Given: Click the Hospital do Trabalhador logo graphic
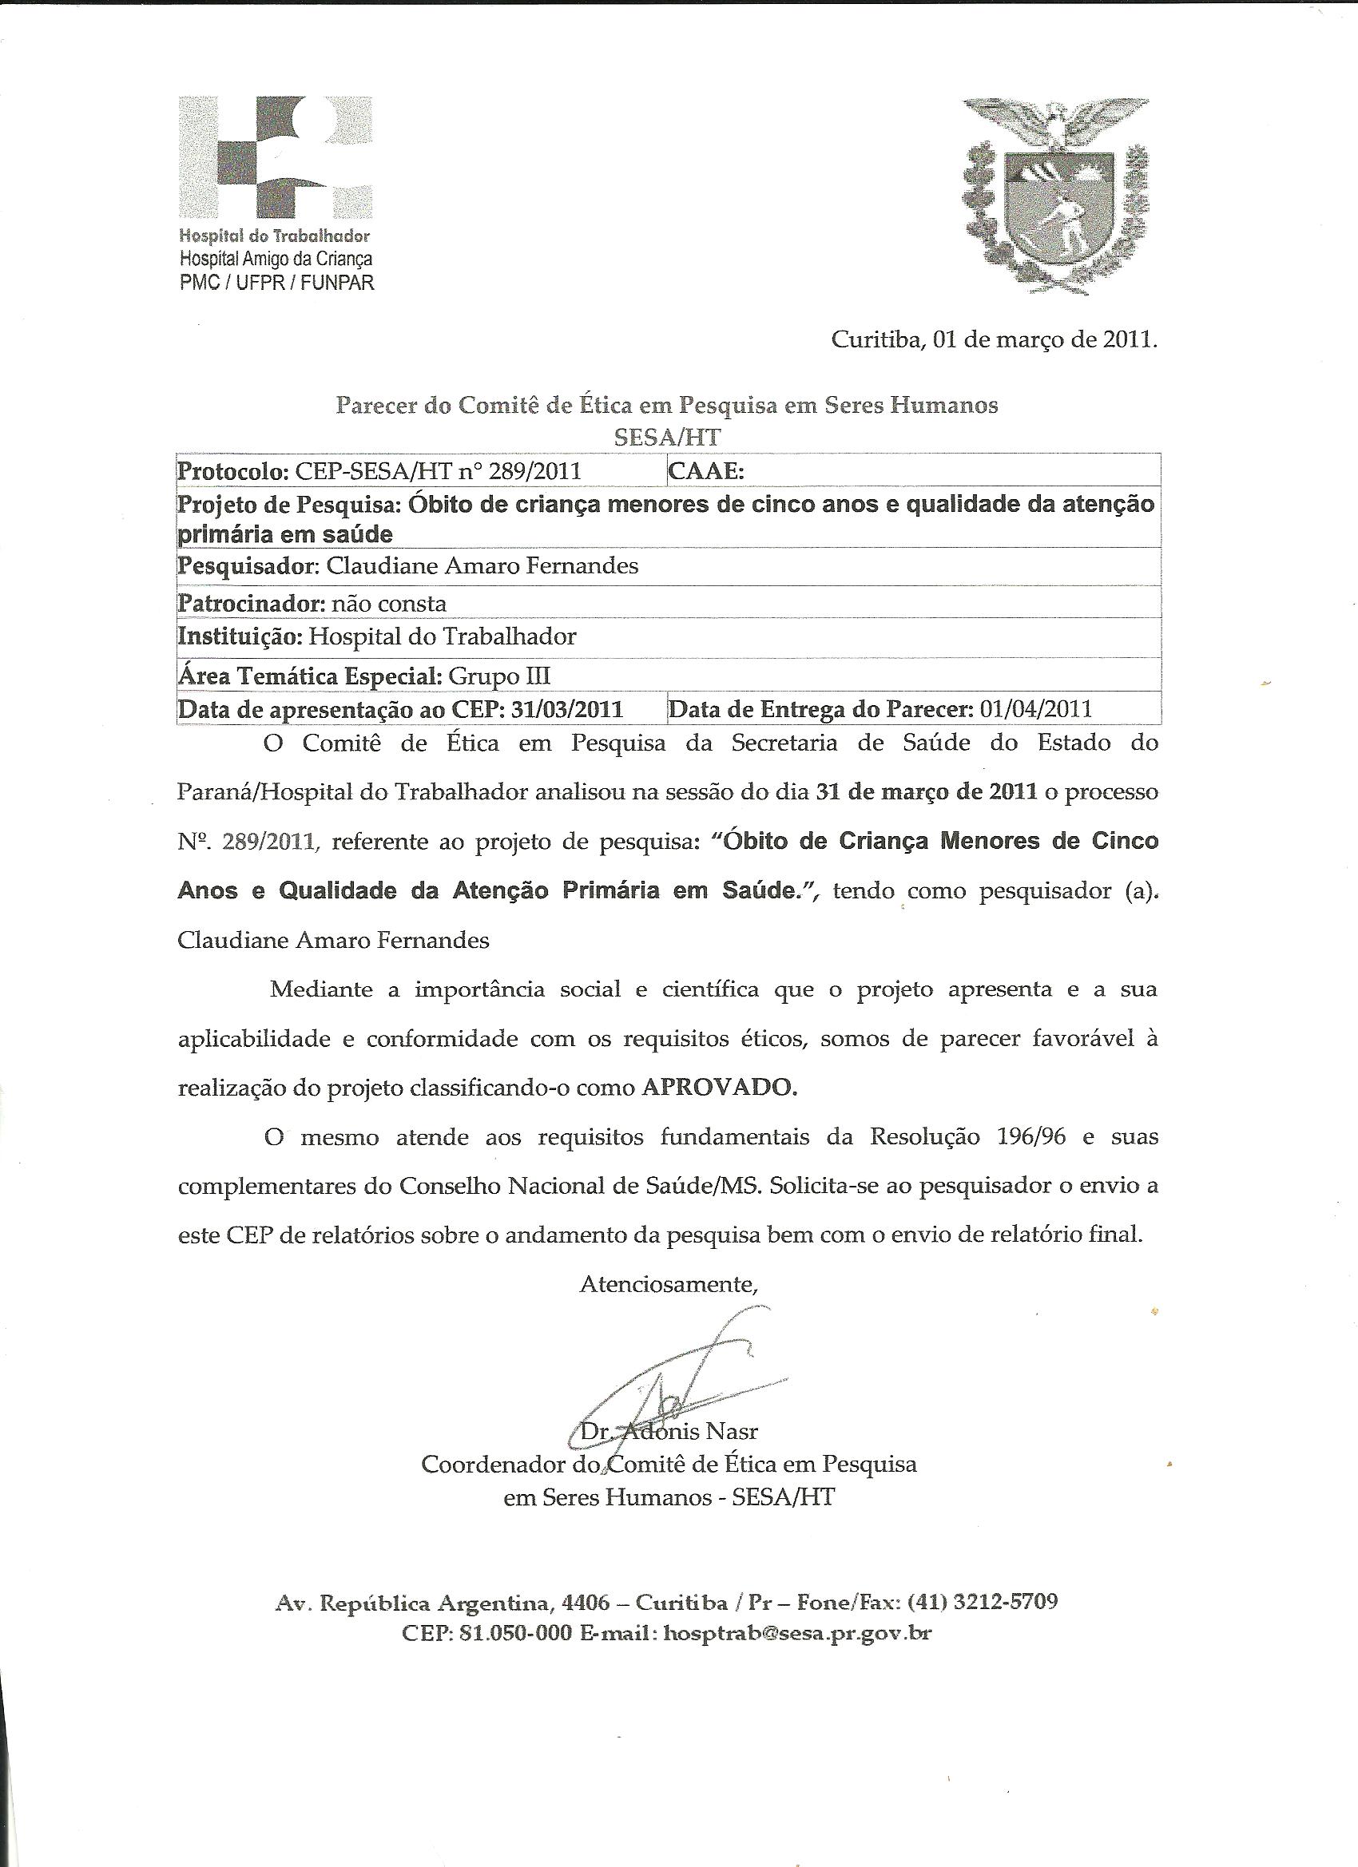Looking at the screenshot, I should [x=275, y=157].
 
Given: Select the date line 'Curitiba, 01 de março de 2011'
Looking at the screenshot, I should [x=994, y=340].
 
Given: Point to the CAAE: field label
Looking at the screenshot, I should [x=707, y=471].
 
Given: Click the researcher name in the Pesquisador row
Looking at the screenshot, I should [x=483, y=566].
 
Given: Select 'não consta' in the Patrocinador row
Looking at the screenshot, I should [x=389, y=604].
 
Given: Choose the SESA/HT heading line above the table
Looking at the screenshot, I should [x=666, y=436].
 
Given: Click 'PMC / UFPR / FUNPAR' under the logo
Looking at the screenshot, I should [x=276, y=283].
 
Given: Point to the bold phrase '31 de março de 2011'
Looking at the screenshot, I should [x=925, y=793].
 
